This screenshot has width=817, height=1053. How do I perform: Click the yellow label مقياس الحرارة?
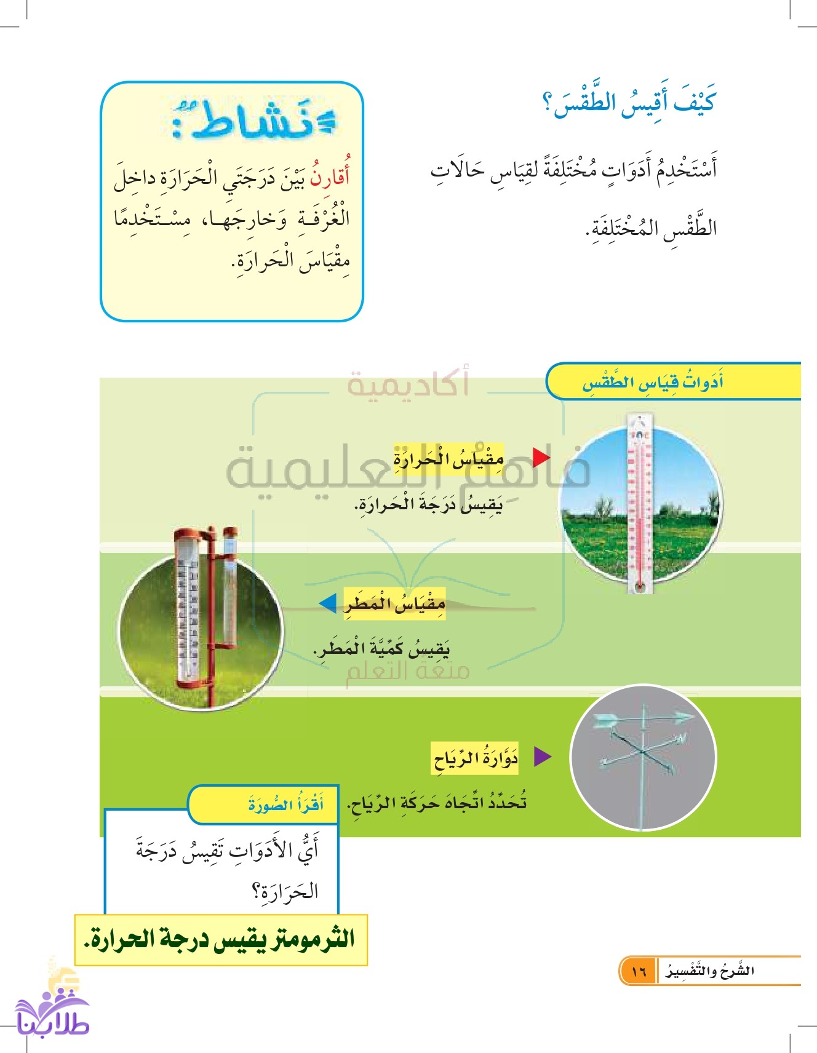[449, 459]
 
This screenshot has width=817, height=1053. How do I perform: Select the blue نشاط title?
[252, 120]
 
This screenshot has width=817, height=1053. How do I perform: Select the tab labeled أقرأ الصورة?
[285, 805]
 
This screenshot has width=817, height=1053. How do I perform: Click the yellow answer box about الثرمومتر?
[220, 940]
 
